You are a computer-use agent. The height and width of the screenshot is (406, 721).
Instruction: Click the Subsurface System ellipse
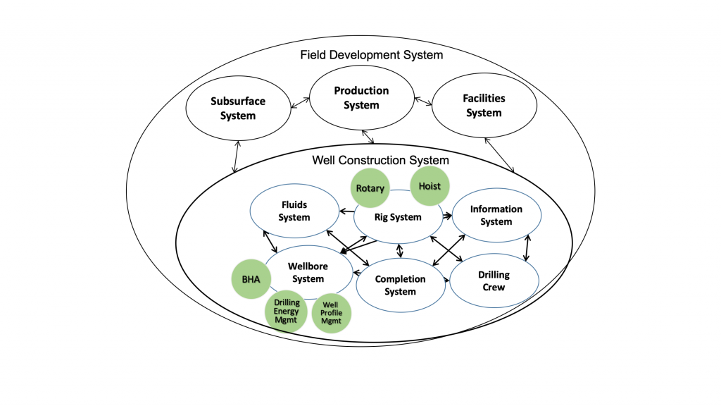coord(237,107)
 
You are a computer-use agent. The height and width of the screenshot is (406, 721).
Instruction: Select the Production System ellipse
coord(361,98)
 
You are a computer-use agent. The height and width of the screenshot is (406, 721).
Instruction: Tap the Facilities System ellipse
coord(483,106)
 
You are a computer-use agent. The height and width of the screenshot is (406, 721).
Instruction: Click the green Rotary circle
coord(370,188)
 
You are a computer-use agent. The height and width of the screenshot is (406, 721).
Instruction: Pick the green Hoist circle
coord(429,186)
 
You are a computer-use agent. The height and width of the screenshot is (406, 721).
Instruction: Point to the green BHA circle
coord(251,279)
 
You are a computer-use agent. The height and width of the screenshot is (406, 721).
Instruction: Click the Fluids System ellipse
coord(294,211)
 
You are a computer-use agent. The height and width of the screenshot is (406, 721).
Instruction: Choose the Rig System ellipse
coord(398,217)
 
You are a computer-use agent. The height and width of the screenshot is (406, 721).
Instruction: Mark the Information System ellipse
coord(496,215)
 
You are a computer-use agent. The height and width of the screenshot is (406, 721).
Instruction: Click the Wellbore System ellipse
coord(308,272)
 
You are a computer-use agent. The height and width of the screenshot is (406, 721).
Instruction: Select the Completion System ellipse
coord(400,285)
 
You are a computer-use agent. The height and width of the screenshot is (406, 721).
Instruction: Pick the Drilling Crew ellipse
coord(494,281)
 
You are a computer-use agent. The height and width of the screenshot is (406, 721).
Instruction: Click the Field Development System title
coord(372,55)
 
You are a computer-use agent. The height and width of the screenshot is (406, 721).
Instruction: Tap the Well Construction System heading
coord(380,161)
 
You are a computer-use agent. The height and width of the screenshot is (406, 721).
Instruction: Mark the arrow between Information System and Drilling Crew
coord(527,244)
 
